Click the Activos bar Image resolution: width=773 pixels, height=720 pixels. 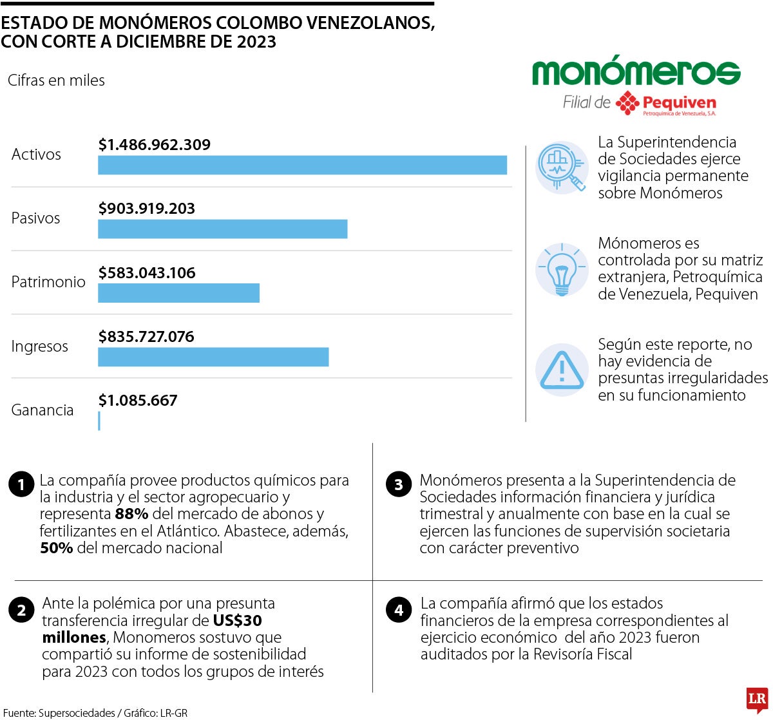(302, 165)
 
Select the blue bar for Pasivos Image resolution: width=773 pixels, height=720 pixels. (222, 229)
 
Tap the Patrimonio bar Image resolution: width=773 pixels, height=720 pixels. (178, 292)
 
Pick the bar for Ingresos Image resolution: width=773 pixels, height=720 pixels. (213, 357)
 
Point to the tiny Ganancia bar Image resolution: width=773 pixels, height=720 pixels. (99, 421)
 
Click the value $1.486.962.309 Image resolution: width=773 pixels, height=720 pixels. (155, 145)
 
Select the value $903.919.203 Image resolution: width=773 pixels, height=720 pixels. (147, 209)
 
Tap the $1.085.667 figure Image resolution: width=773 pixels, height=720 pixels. (138, 401)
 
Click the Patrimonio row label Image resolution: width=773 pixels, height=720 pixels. (48, 282)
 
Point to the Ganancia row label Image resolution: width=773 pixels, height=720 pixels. (43, 410)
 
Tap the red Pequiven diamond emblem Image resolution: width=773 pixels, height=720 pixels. (627, 103)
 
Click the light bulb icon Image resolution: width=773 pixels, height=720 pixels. (562, 269)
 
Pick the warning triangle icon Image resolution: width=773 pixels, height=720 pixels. (562, 370)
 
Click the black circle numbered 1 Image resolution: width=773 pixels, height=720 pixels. (21, 484)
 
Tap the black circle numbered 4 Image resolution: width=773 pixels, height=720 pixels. (399, 609)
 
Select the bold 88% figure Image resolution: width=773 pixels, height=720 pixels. (131, 514)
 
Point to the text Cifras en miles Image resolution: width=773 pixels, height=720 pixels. (56, 81)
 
